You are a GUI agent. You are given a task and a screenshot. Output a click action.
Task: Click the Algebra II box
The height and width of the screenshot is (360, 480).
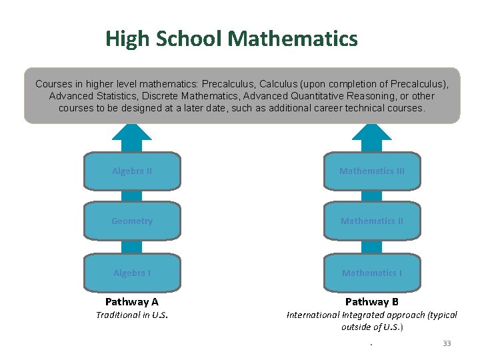pos(132,171)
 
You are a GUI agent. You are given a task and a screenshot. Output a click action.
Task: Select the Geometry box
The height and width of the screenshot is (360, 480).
pos(132,221)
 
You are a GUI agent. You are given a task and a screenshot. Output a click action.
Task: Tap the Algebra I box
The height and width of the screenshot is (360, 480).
pos(132,273)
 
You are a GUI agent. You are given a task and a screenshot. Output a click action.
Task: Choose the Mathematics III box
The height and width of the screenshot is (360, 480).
pos(372,171)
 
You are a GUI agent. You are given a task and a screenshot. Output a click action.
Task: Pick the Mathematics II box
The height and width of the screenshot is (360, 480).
pos(372,221)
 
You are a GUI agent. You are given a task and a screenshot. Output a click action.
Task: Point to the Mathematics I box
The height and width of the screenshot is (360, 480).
pos(372,273)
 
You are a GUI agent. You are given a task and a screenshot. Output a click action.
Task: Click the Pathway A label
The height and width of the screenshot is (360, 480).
pos(132,302)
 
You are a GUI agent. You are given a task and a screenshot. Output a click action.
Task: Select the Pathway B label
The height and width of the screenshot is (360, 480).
pos(372,302)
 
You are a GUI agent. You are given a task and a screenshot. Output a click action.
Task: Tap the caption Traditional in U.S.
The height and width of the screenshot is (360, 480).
pos(132,315)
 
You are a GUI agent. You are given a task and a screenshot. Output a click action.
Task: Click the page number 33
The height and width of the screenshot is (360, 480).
pos(447,343)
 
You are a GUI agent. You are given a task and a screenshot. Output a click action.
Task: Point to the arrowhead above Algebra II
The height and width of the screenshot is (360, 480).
pos(132,132)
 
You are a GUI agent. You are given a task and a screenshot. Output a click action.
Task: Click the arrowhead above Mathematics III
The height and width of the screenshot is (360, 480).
pos(372,132)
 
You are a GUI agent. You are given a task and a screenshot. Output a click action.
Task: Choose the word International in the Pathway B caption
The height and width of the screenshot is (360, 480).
pos(313,315)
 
